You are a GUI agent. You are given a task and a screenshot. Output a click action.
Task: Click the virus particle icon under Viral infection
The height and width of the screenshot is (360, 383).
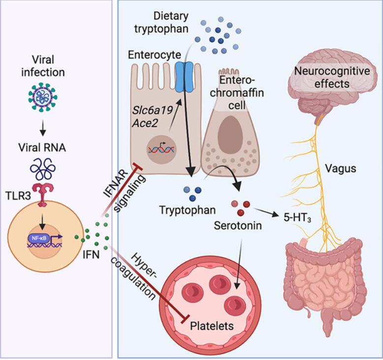[43, 97]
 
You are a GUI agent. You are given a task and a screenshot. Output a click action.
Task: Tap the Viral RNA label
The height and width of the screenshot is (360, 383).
[42, 148]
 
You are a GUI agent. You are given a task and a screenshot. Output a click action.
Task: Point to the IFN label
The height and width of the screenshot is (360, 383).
[91, 255]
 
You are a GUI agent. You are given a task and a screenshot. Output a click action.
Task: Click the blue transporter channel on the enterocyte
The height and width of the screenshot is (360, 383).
[185, 76]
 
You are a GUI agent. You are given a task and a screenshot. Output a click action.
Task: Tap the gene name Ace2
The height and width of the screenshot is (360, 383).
[145, 123]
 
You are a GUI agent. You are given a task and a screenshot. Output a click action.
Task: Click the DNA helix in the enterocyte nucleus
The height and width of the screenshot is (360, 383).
[161, 149]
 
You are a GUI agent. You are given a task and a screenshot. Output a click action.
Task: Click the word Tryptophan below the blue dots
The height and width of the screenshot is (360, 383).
[188, 210]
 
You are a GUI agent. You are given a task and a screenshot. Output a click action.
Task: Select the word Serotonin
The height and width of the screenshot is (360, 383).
[238, 226]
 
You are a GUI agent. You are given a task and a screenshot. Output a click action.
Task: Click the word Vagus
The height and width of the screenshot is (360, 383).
[341, 168]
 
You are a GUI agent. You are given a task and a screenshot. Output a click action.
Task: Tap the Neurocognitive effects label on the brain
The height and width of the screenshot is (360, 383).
[332, 77]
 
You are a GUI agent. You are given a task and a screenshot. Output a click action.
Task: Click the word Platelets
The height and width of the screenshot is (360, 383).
[212, 326]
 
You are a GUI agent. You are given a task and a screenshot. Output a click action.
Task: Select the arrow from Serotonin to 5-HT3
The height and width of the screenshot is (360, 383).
[267, 212]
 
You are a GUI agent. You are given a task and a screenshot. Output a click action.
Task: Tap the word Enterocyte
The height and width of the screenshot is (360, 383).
[155, 55]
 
